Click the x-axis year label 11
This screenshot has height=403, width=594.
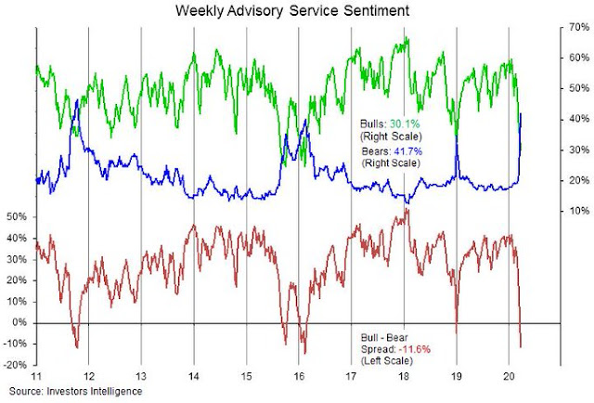pos(34,379)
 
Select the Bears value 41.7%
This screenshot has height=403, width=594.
pos(405,149)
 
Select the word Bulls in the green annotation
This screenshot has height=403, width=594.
pos(371,122)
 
